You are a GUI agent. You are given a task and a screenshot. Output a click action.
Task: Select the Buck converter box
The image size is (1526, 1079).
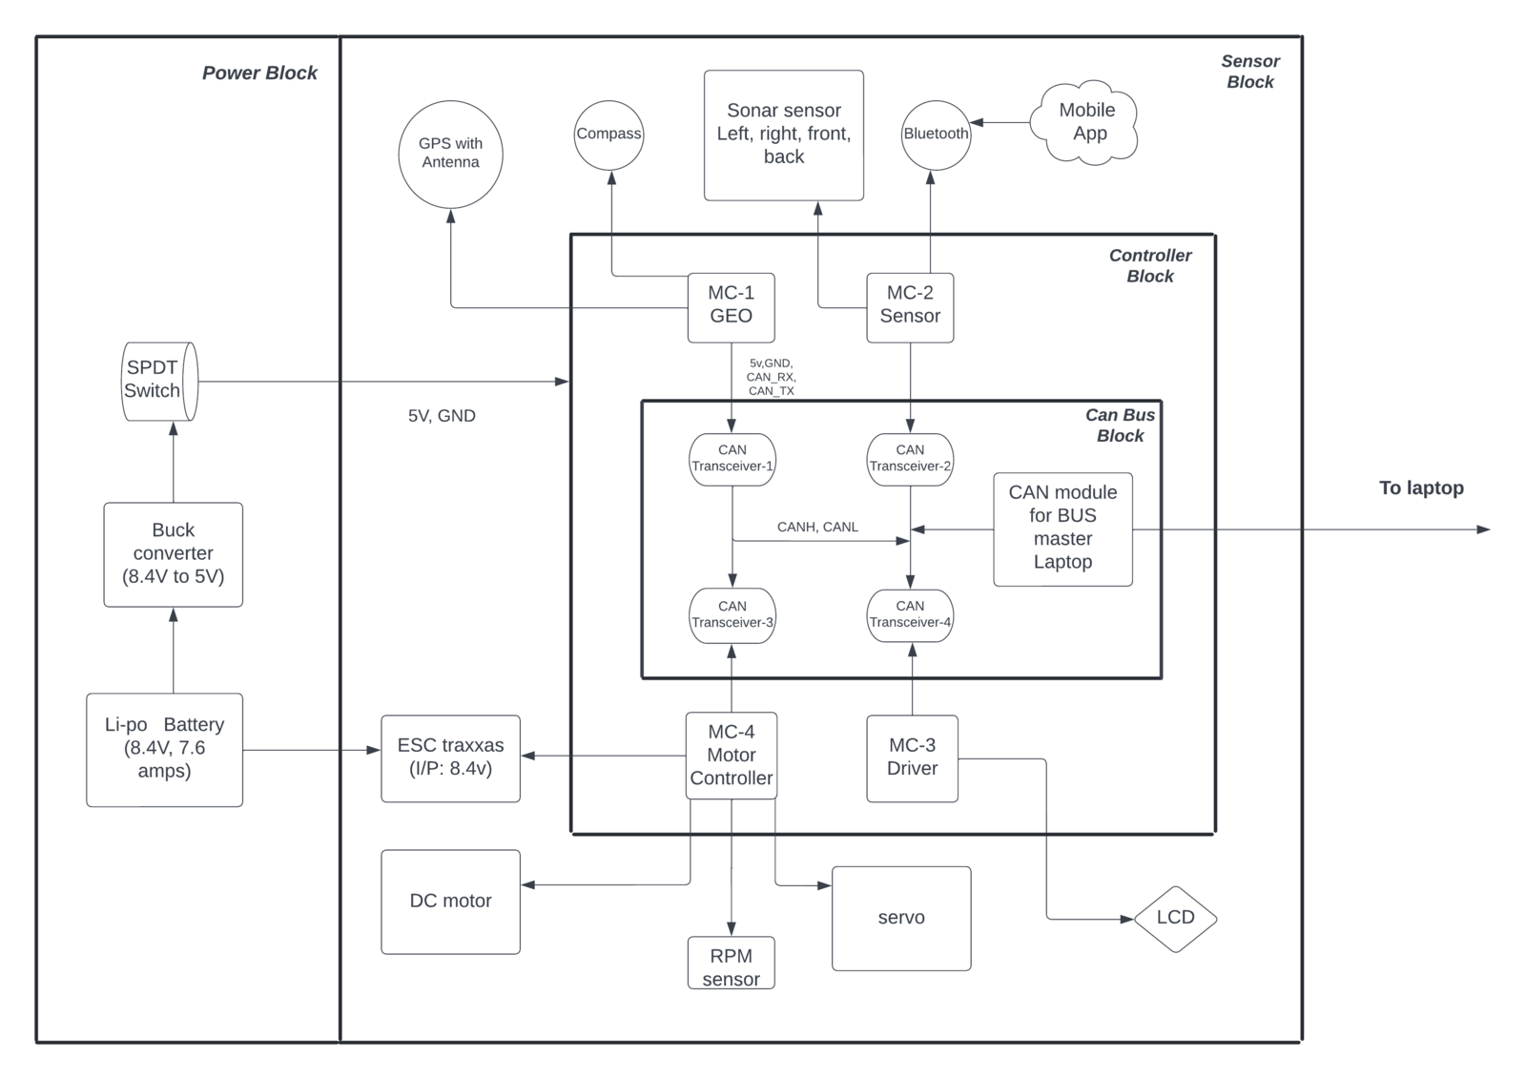[173, 555]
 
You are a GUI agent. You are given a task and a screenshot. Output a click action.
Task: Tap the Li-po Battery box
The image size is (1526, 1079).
[164, 750]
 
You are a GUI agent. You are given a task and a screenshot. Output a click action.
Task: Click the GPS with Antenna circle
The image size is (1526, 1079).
[450, 154]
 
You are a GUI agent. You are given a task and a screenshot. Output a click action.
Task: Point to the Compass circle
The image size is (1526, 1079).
[609, 135]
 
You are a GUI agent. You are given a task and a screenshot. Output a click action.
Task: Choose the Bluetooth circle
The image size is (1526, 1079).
[936, 135]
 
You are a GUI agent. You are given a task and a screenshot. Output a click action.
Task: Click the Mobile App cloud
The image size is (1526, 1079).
[1083, 123]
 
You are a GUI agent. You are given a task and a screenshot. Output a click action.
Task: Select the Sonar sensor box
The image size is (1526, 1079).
[784, 135]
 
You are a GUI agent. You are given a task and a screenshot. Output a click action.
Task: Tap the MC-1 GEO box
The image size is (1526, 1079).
[731, 307]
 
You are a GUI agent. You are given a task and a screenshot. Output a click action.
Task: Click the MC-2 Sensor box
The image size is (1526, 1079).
[910, 307]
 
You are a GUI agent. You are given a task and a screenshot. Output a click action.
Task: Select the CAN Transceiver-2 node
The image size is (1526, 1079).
[910, 460]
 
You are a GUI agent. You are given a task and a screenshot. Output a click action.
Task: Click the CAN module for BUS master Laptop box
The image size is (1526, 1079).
[1062, 529]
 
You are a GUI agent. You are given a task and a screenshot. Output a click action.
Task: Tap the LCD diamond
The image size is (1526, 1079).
[1176, 919]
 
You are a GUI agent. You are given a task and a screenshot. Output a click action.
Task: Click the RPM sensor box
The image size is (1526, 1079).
[731, 963]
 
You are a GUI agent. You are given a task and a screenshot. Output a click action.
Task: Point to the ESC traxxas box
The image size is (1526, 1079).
[450, 757]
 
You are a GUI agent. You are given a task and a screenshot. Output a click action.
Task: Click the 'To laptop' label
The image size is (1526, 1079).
[1422, 488]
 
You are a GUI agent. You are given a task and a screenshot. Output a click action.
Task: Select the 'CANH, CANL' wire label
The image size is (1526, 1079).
[817, 527]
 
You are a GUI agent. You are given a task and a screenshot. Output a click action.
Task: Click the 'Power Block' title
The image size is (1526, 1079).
[259, 73]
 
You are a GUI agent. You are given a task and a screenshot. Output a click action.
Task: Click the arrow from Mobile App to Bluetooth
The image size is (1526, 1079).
[1000, 123]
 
